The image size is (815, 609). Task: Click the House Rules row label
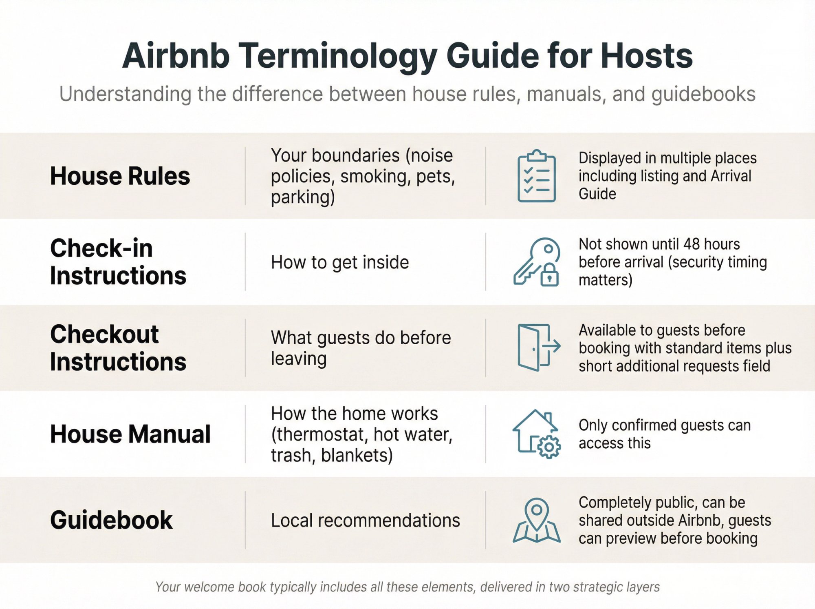[x=120, y=176]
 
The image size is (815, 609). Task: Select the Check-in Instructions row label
[x=118, y=262]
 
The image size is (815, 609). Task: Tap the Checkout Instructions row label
[x=118, y=348]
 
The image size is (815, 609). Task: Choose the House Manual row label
[x=130, y=434]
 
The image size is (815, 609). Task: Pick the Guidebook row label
[x=111, y=520]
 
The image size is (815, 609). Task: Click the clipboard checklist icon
[x=536, y=176]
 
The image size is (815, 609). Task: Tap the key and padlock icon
[x=536, y=262]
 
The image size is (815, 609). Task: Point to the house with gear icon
[x=536, y=434]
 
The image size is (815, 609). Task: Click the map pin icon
[x=536, y=520]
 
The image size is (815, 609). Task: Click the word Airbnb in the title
[x=176, y=56]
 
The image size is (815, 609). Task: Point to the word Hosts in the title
[x=646, y=56]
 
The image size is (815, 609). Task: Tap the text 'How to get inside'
[x=340, y=262]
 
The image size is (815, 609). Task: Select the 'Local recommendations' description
[x=365, y=520]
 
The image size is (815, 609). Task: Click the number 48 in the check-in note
[x=692, y=244]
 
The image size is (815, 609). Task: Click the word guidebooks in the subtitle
[x=703, y=94]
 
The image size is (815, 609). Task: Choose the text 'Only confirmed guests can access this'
[x=664, y=434]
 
